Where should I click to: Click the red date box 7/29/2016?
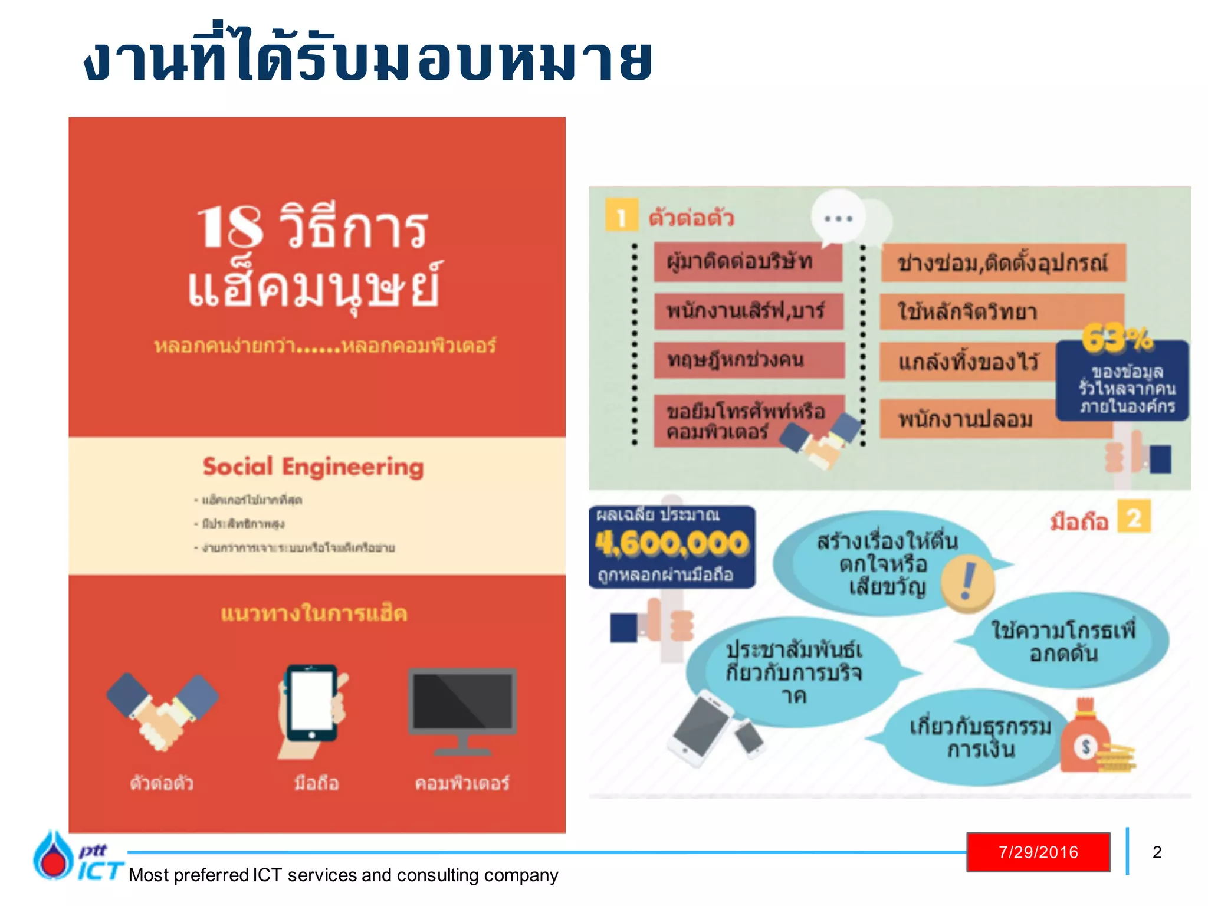pyautogui.click(x=1038, y=852)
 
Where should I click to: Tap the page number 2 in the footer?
pyautogui.click(x=1157, y=852)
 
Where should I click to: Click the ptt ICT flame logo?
pyautogui.click(x=54, y=856)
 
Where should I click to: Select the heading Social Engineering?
pyautogui.click(x=313, y=467)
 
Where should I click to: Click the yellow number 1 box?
pyautogui.click(x=621, y=216)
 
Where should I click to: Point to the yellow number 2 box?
pyautogui.click(x=1134, y=517)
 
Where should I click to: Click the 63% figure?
pyautogui.click(x=1116, y=339)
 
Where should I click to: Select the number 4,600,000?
pyautogui.click(x=671, y=543)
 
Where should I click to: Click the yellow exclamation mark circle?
pyautogui.click(x=967, y=582)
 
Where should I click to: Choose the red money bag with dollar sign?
pyautogui.click(x=1085, y=739)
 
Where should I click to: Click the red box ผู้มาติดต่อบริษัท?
pyautogui.click(x=747, y=261)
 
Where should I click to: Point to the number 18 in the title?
pyautogui.click(x=230, y=227)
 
